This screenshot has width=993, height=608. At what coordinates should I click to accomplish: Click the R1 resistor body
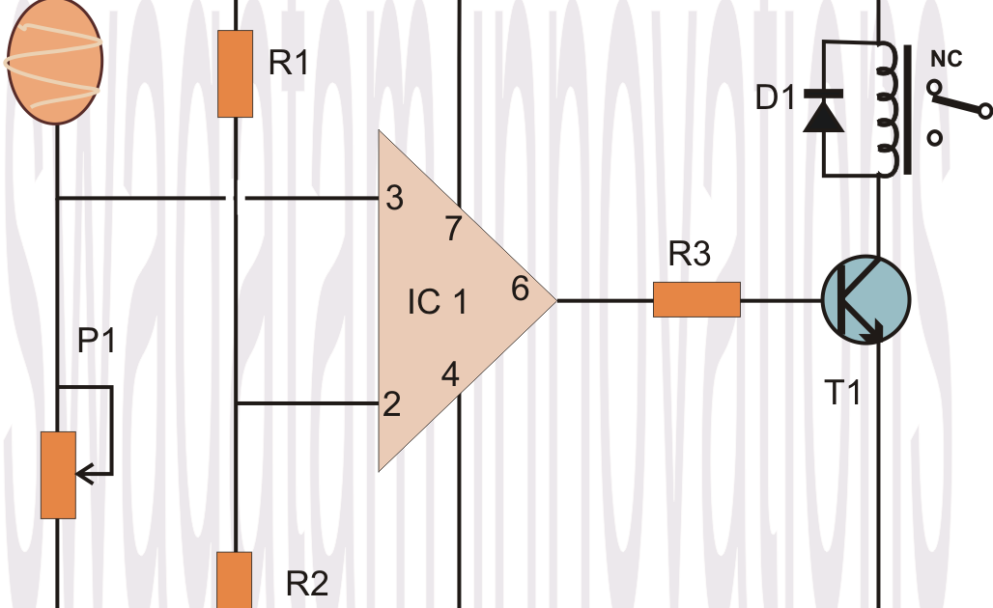tap(236, 73)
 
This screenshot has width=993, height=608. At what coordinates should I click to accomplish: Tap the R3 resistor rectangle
tap(696, 299)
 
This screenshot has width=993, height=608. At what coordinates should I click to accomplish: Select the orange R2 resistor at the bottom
tap(235, 579)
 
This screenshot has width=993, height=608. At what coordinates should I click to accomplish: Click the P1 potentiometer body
tap(58, 475)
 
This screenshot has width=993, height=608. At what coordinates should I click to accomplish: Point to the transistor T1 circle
tap(865, 300)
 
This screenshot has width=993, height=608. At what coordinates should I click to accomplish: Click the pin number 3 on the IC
tap(394, 199)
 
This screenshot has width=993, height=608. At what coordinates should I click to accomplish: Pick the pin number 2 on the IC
tap(391, 403)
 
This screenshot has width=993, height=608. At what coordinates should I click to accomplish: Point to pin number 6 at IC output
tap(520, 289)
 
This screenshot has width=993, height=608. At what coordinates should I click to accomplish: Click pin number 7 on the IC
tap(452, 230)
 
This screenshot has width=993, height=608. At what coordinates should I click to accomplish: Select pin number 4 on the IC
tap(450, 373)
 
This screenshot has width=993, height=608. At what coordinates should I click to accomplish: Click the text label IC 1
tap(437, 302)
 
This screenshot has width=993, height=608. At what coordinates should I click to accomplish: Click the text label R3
tap(690, 255)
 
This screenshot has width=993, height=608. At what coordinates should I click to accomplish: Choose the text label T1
tap(842, 393)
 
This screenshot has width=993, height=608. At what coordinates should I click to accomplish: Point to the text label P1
tap(97, 342)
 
